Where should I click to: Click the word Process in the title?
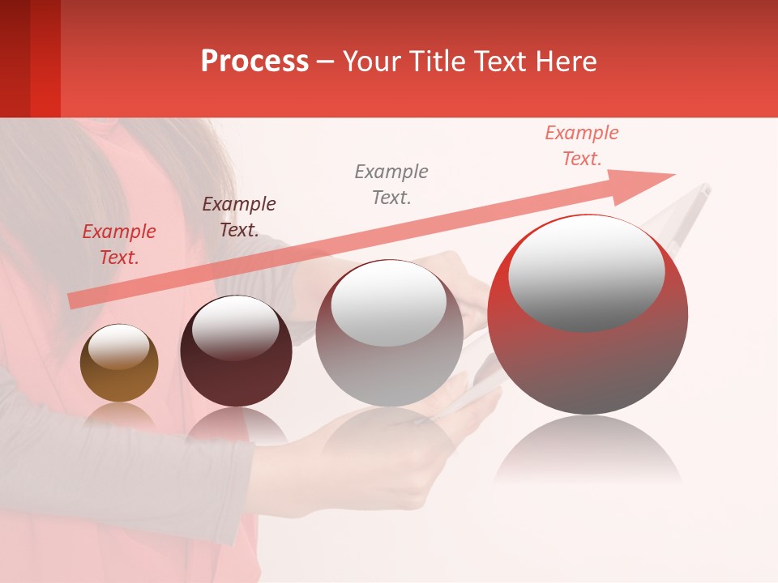tap(254, 61)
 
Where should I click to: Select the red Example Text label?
tap(118, 245)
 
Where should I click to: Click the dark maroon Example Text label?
tap(238, 216)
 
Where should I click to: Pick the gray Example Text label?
tap(391, 184)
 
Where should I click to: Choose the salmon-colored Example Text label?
tap(581, 146)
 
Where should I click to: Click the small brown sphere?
tap(119, 372)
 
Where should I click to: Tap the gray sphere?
tap(389, 356)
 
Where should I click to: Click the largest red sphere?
tap(588, 364)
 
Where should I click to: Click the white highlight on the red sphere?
tap(587, 271)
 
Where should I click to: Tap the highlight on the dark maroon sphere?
tap(235, 328)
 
